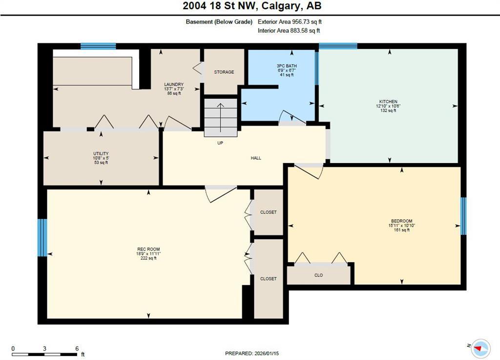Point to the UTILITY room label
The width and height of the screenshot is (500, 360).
(x=102, y=153)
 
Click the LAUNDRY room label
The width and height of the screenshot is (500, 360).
(x=174, y=85)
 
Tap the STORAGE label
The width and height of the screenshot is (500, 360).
(x=224, y=72)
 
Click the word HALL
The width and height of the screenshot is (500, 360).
(x=256, y=158)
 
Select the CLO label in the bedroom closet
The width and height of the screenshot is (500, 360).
(x=318, y=275)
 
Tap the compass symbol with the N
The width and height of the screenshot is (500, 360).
(x=481, y=348)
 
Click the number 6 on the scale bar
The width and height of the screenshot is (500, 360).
(x=77, y=348)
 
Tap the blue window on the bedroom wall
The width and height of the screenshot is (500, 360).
(x=463, y=216)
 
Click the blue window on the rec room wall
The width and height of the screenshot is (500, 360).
(x=42, y=238)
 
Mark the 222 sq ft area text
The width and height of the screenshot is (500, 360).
(x=148, y=258)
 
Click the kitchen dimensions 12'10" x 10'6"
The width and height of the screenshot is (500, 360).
(x=389, y=106)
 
